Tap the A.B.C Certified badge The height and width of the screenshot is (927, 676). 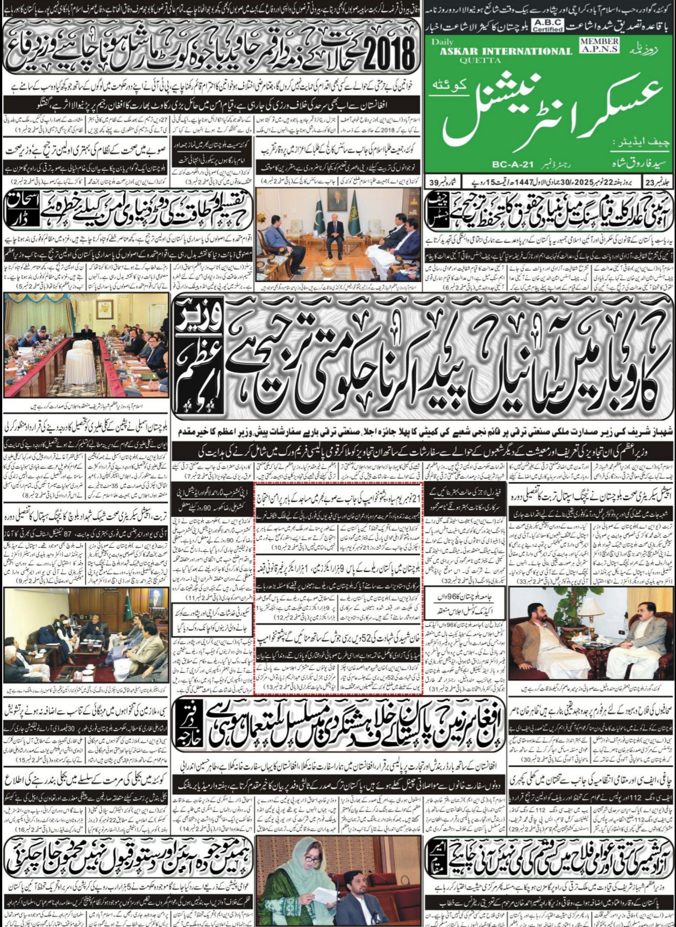point(547,25)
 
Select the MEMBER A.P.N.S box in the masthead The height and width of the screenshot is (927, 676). point(600,45)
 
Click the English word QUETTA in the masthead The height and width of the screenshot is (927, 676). point(473,60)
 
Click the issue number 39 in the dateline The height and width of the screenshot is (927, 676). point(433,182)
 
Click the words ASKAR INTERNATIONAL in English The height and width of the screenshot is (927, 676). point(506,51)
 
